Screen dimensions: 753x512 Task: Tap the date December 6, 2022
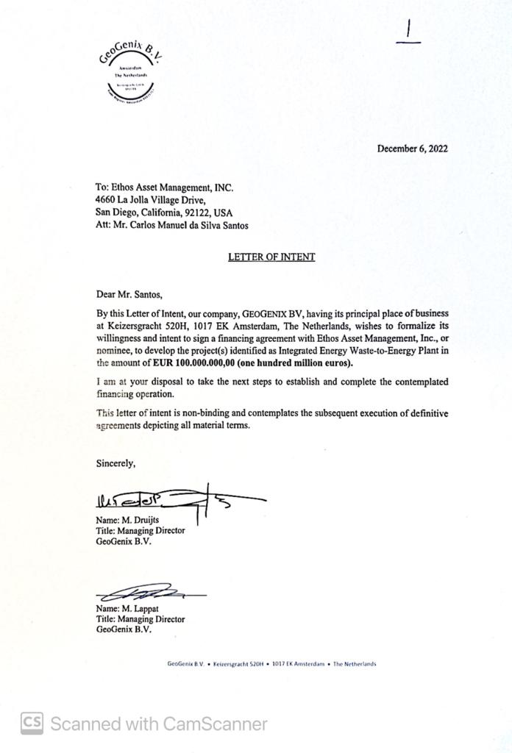[412, 149]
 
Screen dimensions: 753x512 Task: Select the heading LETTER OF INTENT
[271, 257]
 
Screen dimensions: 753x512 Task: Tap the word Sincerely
[116, 464]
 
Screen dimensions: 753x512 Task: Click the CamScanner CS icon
[32, 724]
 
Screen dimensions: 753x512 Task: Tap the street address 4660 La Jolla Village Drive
[151, 200]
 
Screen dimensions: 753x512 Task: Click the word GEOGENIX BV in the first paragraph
[269, 313]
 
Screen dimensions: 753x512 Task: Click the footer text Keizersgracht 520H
[238, 664]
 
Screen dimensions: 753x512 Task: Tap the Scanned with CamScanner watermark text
[159, 724]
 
